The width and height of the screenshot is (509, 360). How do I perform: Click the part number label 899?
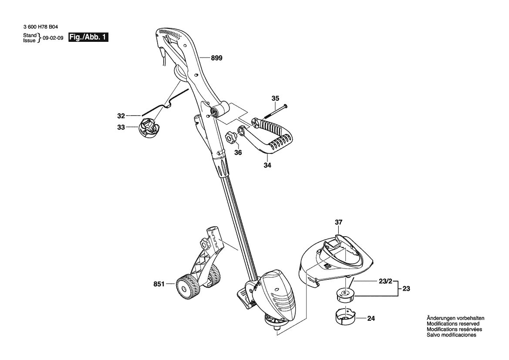pyautogui.click(x=216, y=58)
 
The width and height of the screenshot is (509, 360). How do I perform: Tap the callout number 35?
pyautogui.click(x=275, y=98)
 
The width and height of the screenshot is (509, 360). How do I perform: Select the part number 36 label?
pyautogui.click(x=238, y=153)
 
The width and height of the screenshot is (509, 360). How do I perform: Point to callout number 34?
pyautogui.click(x=267, y=165)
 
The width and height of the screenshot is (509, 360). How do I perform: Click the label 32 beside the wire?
pyautogui.click(x=121, y=115)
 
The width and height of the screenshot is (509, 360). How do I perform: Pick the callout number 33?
pyautogui.click(x=121, y=127)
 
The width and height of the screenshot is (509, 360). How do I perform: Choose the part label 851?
pyautogui.click(x=159, y=284)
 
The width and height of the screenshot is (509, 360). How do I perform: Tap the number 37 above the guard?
pyautogui.click(x=339, y=222)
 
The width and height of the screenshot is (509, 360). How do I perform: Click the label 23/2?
pyautogui.click(x=386, y=282)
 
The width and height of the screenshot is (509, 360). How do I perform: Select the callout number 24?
pyautogui.click(x=371, y=319)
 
